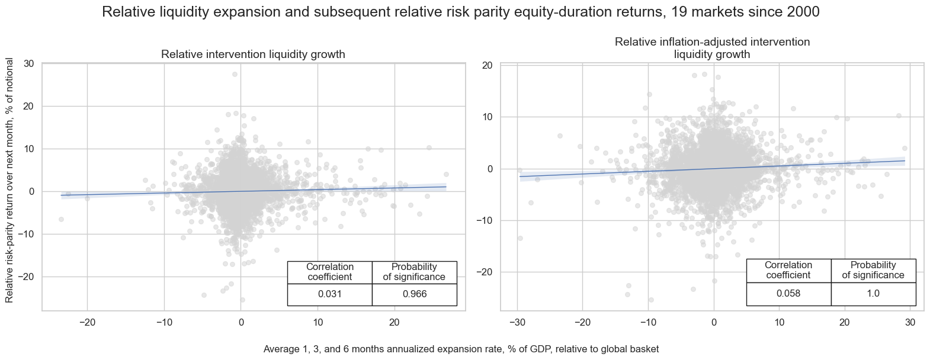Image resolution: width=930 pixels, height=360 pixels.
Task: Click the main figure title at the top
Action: coord(460,12)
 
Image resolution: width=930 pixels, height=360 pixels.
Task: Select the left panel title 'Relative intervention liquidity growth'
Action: coord(253,54)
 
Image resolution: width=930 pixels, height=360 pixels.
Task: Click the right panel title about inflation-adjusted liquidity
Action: coord(712,48)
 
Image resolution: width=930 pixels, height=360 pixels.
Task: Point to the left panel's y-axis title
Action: coord(10,180)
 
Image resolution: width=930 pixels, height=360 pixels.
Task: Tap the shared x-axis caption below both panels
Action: coord(461,349)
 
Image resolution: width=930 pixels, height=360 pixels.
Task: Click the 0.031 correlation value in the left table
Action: coord(329,294)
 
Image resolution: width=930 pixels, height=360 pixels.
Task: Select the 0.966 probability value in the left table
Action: coord(414,294)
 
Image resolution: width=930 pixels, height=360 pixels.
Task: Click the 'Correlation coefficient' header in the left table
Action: coord(329,272)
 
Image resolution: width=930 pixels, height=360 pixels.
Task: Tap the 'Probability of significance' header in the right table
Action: coord(873,270)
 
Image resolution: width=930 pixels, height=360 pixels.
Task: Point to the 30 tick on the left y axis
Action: coord(29,64)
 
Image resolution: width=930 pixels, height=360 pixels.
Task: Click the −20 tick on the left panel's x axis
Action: coord(87,322)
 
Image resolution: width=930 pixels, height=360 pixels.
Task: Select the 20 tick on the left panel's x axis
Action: coord(395,322)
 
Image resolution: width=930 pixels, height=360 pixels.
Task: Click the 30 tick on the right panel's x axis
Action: coord(910,322)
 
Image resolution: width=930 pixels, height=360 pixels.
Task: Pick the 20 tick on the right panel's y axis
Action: coord(488,65)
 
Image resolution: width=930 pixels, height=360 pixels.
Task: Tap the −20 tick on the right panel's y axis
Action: coord(485,272)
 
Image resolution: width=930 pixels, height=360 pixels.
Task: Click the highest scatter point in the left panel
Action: coord(235,74)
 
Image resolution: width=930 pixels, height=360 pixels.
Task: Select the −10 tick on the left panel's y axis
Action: coord(27,234)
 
